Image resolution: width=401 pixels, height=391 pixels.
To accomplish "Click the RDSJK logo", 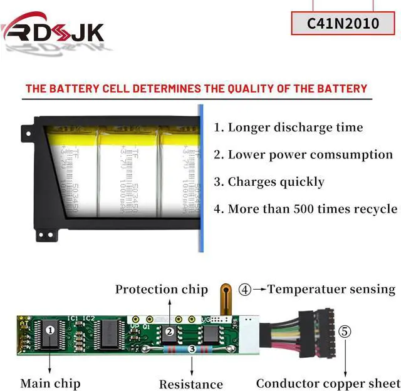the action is click(53, 31).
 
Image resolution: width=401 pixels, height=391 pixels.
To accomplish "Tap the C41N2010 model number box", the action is click(343, 24).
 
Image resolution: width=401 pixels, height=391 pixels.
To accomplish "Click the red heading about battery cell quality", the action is click(196, 88).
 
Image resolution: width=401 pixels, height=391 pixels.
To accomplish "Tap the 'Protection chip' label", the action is click(161, 289).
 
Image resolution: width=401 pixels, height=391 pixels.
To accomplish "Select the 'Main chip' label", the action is click(50, 383).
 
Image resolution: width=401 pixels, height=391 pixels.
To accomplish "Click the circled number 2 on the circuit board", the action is click(169, 332).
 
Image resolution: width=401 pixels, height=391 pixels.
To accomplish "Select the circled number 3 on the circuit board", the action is click(191, 348).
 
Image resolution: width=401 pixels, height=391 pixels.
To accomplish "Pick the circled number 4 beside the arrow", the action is click(244, 290).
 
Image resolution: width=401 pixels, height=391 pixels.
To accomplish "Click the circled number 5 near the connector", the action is click(345, 332).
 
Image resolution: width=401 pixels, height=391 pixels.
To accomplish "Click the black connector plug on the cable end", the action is click(323, 331).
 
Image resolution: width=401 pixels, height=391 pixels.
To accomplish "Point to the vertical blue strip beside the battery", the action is click(202, 178).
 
